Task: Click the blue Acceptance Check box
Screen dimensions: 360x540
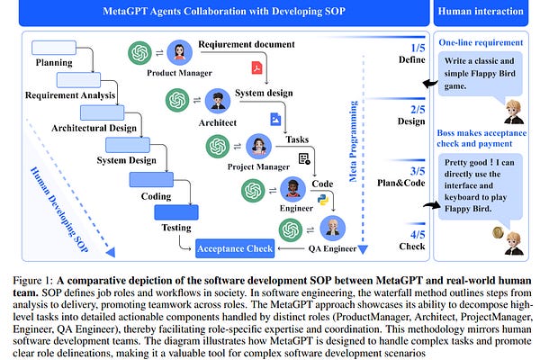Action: pyautogui.click(x=236, y=247)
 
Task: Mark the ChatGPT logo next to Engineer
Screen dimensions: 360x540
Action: pyautogui.click(x=254, y=189)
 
